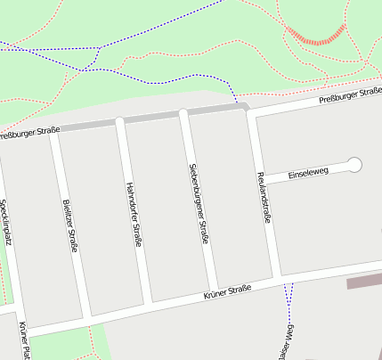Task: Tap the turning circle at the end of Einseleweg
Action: coord(354,164)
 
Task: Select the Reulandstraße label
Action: coord(264,195)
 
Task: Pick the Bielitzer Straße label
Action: coord(69,223)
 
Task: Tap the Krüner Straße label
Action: coord(227,291)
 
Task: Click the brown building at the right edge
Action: coord(363,282)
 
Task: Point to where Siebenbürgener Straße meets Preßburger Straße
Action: coord(183,113)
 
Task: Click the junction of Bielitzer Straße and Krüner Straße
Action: coord(85,315)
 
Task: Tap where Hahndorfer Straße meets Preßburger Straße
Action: coord(119,120)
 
